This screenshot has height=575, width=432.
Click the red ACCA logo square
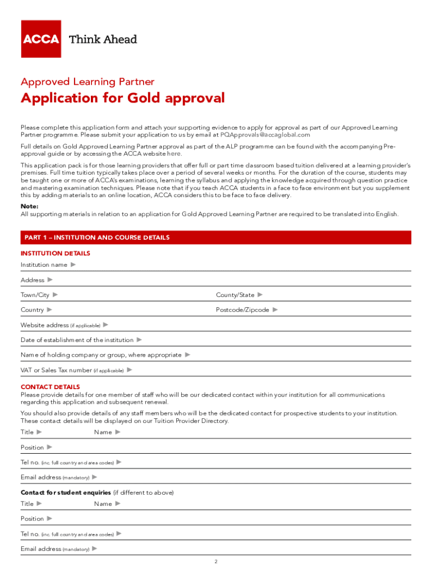(41, 39)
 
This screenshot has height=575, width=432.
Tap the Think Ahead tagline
(102, 39)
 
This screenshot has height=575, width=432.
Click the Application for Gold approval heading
(122, 98)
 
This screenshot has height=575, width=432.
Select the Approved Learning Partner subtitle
(88, 82)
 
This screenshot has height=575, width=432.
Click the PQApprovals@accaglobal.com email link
(265, 135)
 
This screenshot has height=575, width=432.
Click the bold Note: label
(30, 206)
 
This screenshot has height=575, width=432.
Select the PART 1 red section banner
(215, 238)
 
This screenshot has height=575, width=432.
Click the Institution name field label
(44, 264)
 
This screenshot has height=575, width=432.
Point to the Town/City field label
(35, 295)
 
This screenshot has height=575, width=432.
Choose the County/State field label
(235, 295)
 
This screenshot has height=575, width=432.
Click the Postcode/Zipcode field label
(242, 310)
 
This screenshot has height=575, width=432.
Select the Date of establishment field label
(77, 340)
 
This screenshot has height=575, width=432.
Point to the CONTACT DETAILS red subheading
(50, 387)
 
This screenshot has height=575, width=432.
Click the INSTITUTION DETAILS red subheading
(55, 253)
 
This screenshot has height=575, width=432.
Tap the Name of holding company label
(101, 355)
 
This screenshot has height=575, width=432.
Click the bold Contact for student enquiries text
(66, 492)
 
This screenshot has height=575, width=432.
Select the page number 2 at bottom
(215, 562)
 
